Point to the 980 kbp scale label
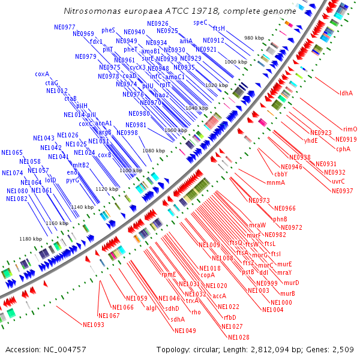pos(254,38)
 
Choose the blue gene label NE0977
pos(65,27)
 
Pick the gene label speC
pos(200,22)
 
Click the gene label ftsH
pos(218,28)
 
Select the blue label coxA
pos(42,74)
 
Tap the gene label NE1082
pos(17,198)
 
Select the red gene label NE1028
pos(239,337)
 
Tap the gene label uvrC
pos(338,181)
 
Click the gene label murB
pos(288,293)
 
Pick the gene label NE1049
pos(185,331)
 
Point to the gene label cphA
pos(343,149)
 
